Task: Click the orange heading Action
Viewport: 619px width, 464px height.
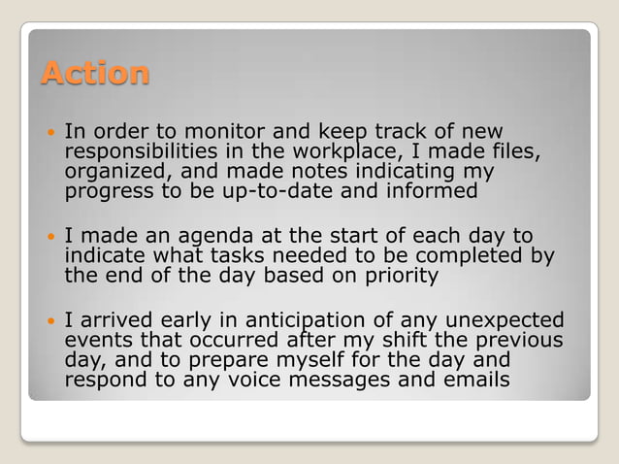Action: (x=95, y=73)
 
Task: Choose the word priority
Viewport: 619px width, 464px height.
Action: (x=400, y=276)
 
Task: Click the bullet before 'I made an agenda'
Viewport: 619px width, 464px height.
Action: (x=49, y=236)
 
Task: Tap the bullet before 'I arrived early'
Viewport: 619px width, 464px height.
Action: (x=49, y=319)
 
